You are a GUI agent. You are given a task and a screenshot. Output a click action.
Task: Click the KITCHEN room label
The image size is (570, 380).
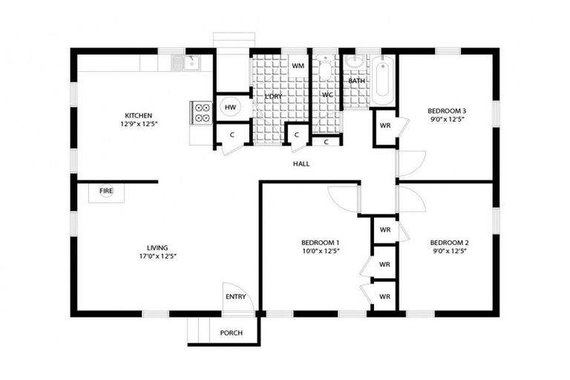[138, 115]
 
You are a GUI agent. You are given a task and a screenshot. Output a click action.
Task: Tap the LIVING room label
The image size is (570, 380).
[157, 247]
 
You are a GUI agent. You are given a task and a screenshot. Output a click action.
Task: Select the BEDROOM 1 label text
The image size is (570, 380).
[320, 243]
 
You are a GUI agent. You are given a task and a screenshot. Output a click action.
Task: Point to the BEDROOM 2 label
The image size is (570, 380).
[449, 243]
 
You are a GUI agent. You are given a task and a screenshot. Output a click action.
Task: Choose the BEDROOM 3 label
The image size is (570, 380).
[448, 111]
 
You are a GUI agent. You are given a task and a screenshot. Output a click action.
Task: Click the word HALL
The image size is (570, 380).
[301, 163]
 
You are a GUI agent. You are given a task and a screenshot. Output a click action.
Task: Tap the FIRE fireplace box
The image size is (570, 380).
[107, 191]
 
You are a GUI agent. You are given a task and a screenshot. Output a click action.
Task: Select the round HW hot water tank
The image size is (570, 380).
[230, 108]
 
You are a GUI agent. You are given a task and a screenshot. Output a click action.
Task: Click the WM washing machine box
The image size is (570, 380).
[298, 66]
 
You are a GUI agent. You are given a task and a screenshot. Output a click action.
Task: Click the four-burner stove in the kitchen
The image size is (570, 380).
[202, 112]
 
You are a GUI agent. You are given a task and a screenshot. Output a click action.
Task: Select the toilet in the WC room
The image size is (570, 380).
[325, 71]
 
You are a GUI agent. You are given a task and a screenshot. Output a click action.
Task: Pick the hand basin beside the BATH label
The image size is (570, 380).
[354, 61]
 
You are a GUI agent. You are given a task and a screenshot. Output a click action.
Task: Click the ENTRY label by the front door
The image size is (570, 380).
[235, 297]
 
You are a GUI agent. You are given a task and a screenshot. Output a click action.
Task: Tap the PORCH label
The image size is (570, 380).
[232, 332]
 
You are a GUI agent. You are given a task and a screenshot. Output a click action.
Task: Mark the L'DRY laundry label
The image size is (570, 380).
[272, 96]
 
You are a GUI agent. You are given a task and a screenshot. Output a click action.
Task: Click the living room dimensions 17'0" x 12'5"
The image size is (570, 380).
[157, 256]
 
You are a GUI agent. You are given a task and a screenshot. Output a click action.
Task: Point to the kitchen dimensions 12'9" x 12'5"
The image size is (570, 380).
[138, 124]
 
